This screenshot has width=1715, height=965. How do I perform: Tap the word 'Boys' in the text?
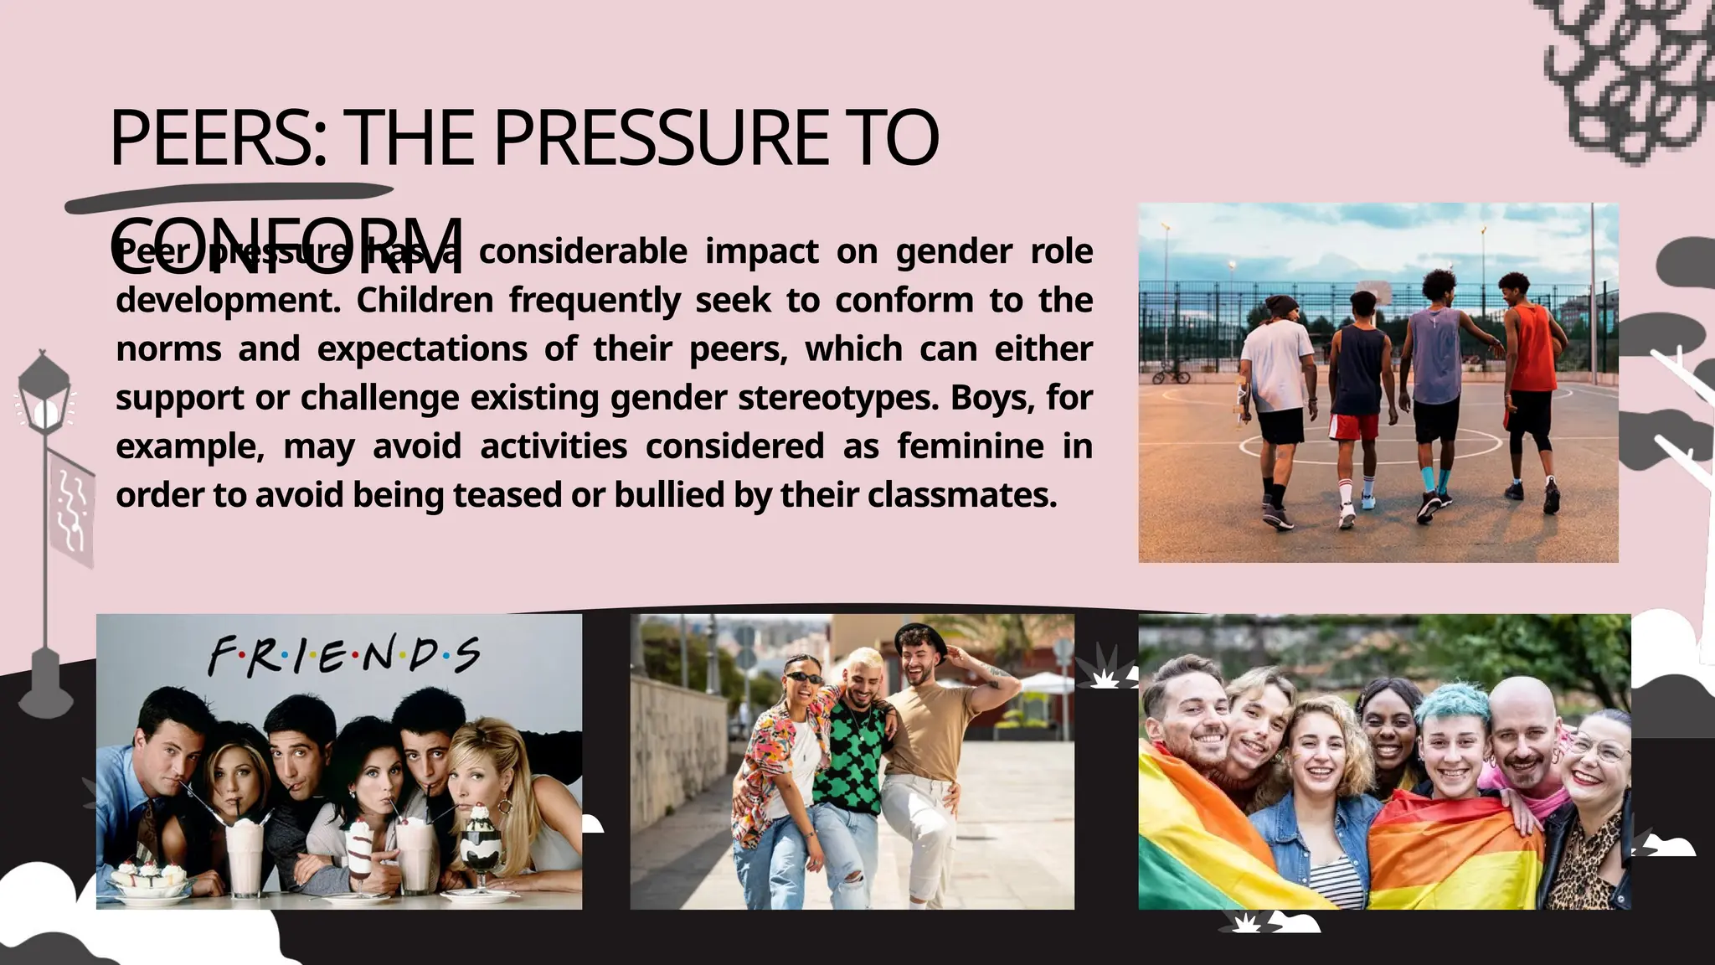978,397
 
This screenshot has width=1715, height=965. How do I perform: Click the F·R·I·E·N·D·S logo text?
343,654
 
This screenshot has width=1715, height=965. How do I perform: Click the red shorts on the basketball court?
1354,426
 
